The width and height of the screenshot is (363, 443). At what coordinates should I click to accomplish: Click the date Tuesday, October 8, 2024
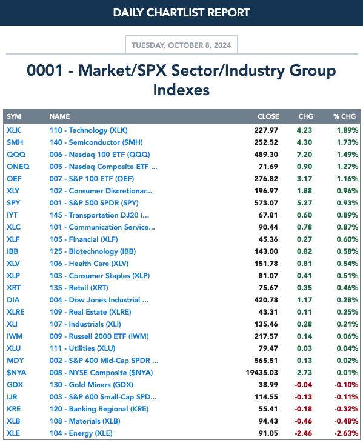[x=181, y=45]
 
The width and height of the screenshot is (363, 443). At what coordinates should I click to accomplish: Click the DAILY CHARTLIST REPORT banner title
[x=181, y=13]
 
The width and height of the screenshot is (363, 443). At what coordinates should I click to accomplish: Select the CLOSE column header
[x=268, y=116]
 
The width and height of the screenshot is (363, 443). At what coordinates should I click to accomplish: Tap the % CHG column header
[x=344, y=116]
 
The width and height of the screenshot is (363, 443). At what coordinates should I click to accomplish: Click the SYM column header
[x=14, y=116]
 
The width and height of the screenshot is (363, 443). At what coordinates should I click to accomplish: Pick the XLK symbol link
[x=13, y=130]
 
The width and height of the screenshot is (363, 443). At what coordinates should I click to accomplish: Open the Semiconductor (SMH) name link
[x=96, y=142]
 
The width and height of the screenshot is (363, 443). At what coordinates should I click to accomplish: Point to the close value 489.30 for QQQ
[x=266, y=155]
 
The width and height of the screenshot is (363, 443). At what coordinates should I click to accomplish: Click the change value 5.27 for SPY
[x=305, y=203]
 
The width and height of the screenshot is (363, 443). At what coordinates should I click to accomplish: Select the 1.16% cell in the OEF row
[x=347, y=179]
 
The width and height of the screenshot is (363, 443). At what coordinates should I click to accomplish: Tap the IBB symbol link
[x=13, y=251]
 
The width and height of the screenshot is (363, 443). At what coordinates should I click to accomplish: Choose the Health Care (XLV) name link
[x=89, y=264]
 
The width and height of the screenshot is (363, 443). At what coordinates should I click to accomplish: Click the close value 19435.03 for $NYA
[x=262, y=373]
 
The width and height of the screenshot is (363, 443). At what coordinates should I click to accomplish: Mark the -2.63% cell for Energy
[x=346, y=433]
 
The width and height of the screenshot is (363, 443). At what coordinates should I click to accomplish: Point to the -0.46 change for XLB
[x=304, y=421]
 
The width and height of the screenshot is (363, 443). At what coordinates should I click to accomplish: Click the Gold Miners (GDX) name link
[x=92, y=385]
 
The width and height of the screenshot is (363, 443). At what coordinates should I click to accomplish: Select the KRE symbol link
[x=13, y=409]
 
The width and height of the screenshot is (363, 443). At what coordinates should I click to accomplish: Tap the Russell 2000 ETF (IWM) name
[x=99, y=336]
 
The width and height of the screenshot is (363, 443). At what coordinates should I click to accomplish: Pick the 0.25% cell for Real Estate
[x=347, y=312]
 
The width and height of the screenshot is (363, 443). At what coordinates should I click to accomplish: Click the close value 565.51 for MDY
[x=266, y=361]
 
